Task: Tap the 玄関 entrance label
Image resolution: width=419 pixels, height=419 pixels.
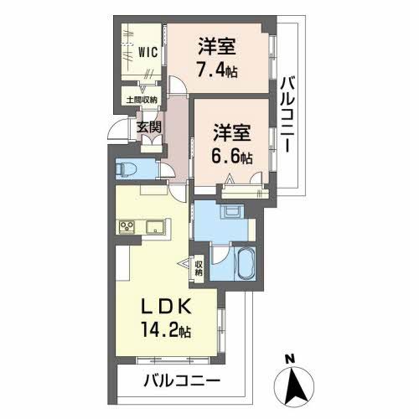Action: tap(150, 128)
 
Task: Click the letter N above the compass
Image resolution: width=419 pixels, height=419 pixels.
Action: tap(290, 360)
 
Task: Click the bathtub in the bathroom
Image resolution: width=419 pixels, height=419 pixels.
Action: tap(244, 265)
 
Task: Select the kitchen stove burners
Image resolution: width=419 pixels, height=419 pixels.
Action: tap(127, 226)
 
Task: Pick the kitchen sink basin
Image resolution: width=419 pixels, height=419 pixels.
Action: tap(155, 226)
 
